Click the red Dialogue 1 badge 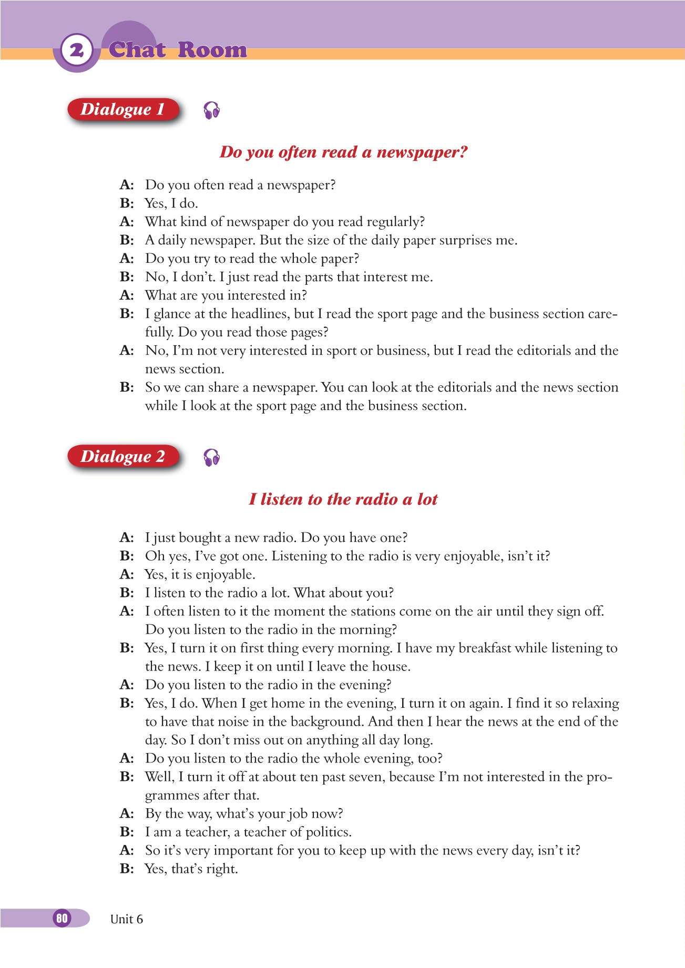(123, 109)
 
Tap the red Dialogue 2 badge (123, 456)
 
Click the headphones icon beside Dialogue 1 (211, 110)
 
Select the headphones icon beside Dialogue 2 (211, 458)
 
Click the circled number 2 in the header (77, 50)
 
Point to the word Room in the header (212, 50)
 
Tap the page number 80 (62, 918)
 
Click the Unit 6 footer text (126, 919)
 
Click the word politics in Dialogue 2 (329, 832)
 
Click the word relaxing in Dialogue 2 (595, 703)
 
